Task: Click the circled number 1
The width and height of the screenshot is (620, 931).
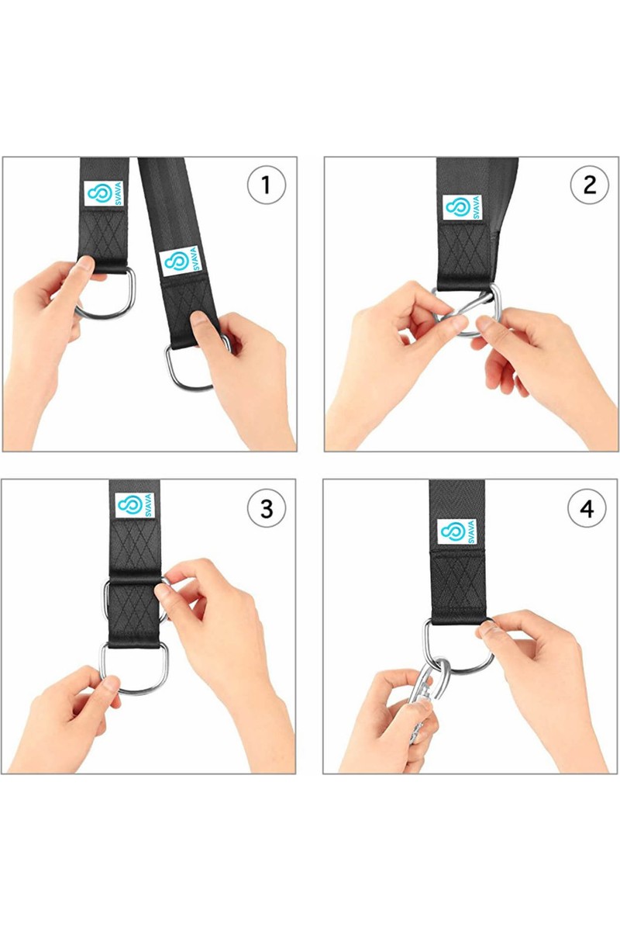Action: [266, 185]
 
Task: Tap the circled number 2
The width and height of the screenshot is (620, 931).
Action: [589, 185]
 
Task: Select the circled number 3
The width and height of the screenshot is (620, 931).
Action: [267, 508]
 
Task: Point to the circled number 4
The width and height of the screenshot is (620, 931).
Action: [587, 508]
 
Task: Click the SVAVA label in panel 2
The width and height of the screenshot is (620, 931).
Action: [463, 207]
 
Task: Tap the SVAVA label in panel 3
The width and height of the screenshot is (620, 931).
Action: [135, 505]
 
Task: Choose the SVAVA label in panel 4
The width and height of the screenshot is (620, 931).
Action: [456, 531]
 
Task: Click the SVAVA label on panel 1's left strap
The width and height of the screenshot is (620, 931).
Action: [104, 193]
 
